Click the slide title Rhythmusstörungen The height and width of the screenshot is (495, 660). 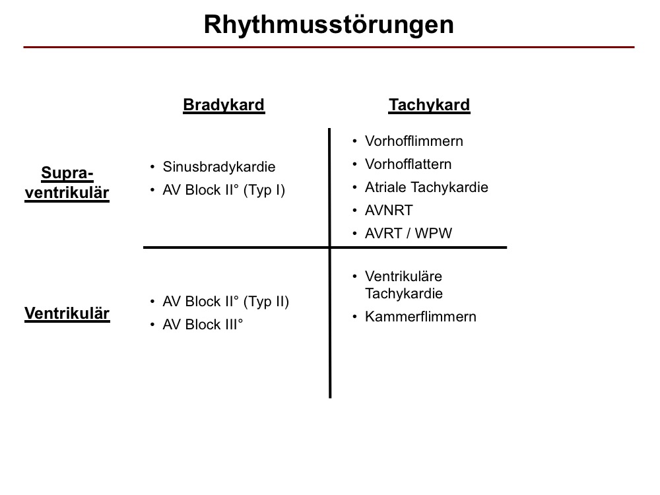(329, 25)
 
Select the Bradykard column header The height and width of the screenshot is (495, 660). (224, 105)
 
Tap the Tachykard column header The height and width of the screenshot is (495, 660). (429, 105)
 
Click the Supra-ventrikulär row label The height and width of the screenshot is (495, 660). (67, 183)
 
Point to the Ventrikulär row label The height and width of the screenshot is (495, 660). (67, 313)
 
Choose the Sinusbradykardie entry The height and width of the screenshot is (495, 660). (219, 167)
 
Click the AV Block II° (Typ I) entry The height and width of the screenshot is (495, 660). (224, 190)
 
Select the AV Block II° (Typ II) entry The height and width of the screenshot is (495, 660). (226, 302)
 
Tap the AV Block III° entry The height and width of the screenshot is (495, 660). (203, 325)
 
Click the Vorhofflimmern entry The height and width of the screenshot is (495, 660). (414, 141)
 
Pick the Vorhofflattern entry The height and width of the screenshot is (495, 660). (408, 164)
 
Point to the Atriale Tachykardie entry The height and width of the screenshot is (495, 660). (426, 187)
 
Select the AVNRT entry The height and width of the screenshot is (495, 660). (389, 211)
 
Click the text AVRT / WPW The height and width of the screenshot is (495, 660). (409, 233)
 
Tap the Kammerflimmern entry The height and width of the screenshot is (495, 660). (420, 317)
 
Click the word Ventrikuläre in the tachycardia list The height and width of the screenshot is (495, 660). (403, 277)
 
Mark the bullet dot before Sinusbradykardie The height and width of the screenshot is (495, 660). (152, 167)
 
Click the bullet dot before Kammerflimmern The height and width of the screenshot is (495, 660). (355, 317)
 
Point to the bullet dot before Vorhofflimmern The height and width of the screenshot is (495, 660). (355, 141)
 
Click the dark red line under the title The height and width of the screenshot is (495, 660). (329, 47)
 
